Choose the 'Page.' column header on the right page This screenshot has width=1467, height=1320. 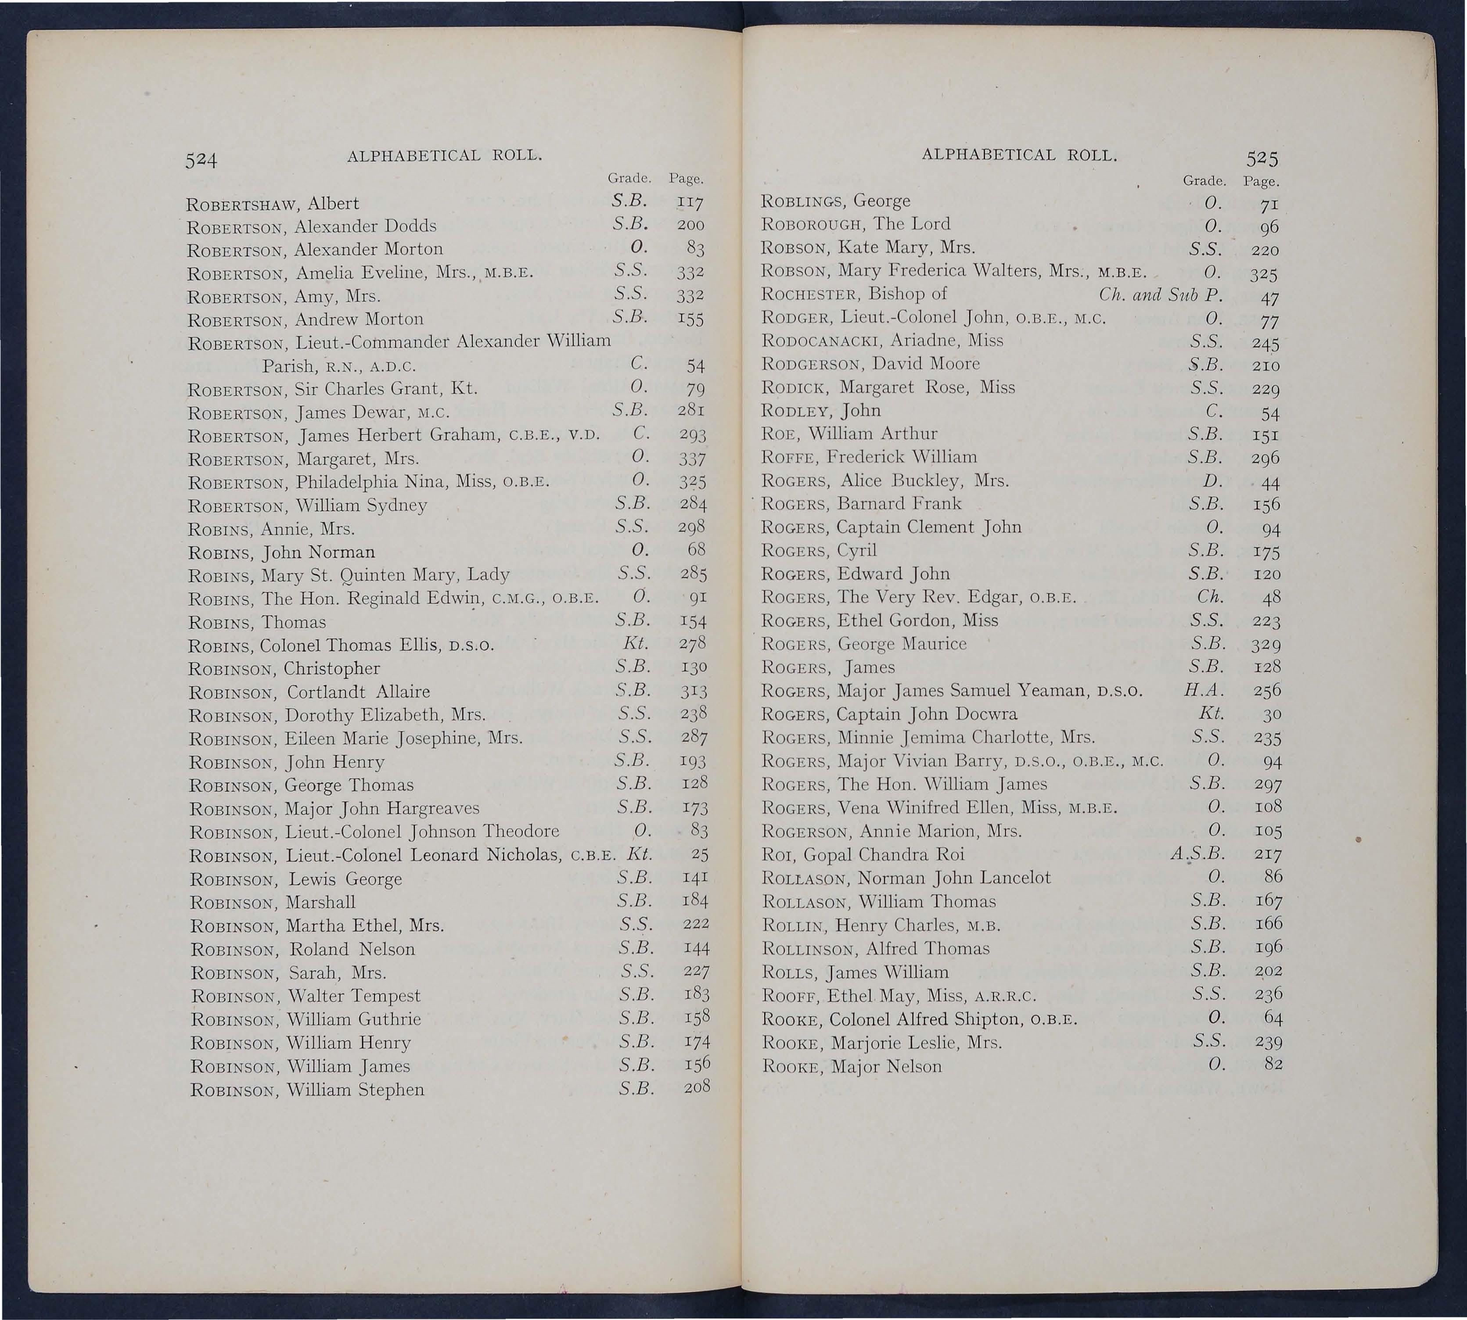tap(1262, 181)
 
